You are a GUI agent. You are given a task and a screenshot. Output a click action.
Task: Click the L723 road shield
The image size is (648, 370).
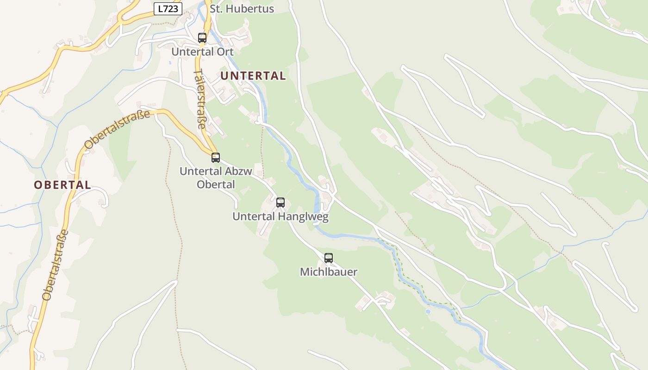pyautogui.click(x=168, y=8)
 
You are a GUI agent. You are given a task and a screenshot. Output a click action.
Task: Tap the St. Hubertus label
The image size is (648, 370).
pyautogui.click(x=242, y=9)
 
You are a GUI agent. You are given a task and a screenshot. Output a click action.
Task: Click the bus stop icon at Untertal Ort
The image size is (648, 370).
pyautogui.click(x=202, y=38)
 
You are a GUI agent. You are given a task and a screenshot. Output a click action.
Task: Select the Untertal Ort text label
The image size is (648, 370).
pyautogui.click(x=202, y=52)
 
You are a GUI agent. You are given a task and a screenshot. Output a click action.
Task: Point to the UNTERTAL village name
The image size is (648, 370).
pyautogui.click(x=253, y=76)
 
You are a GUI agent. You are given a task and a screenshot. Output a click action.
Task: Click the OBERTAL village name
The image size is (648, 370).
pyautogui.click(x=62, y=185)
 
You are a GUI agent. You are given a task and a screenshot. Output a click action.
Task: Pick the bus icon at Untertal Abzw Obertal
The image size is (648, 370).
pyautogui.click(x=216, y=158)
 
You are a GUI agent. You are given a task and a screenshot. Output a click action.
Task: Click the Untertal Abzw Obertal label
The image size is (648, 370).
pyautogui.click(x=216, y=178)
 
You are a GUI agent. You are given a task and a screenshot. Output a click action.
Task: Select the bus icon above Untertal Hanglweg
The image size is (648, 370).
pyautogui.click(x=280, y=203)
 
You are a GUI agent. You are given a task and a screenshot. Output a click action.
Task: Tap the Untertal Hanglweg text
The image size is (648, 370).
pyautogui.click(x=280, y=216)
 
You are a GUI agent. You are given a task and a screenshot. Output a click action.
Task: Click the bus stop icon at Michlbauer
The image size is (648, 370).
pyautogui.click(x=329, y=258)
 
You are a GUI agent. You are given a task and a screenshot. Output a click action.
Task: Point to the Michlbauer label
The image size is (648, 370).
pyautogui.click(x=329, y=272)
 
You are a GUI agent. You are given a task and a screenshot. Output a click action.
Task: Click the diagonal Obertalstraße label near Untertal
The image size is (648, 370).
pyautogui.click(x=118, y=129)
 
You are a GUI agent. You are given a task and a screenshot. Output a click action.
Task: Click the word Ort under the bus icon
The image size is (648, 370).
pyautogui.click(x=224, y=52)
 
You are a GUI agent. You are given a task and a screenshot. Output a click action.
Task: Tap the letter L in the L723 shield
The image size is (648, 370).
pyautogui.click(x=160, y=8)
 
